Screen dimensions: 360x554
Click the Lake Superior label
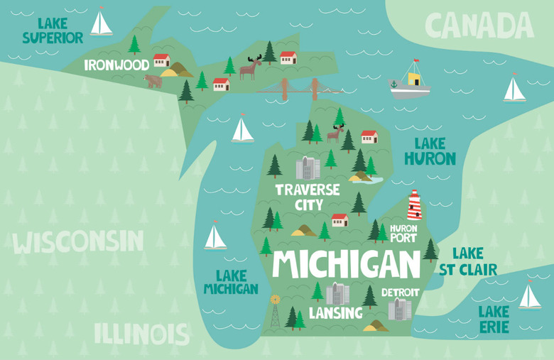(x=52, y=31)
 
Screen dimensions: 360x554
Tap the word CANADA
(x=479, y=26)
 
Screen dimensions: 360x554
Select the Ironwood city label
(x=116, y=65)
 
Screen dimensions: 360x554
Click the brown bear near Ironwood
(x=153, y=81)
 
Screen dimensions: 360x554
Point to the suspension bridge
(x=298, y=89)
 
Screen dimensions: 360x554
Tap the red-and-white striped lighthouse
(x=414, y=205)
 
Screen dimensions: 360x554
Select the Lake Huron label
(x=430, y=151)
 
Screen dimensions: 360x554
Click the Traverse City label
(x=307, y=197)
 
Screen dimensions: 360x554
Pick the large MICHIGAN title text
(x=346, y=264)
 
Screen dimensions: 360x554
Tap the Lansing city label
(x=335, y=313)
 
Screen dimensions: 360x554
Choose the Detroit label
(x=400, y=293)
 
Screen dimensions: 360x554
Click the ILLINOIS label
(x=141, y=333)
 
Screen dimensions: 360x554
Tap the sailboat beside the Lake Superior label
(x=101, y=23)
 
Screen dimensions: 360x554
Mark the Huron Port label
(x=403, y=234)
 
